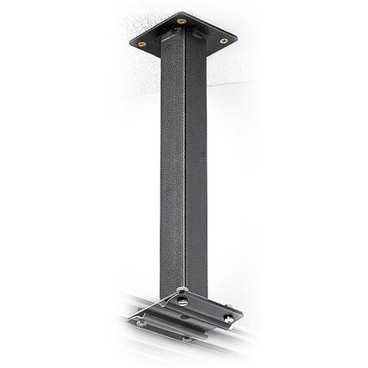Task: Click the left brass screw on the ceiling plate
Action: (x=141, y=44)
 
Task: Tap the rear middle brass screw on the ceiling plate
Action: (x=181, y=21)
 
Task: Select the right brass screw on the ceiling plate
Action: (x=223, y=40)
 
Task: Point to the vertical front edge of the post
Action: (x=185, y=167)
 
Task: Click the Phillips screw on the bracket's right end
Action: (x=227, y=317)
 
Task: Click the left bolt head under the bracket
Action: (x=141, y=323)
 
